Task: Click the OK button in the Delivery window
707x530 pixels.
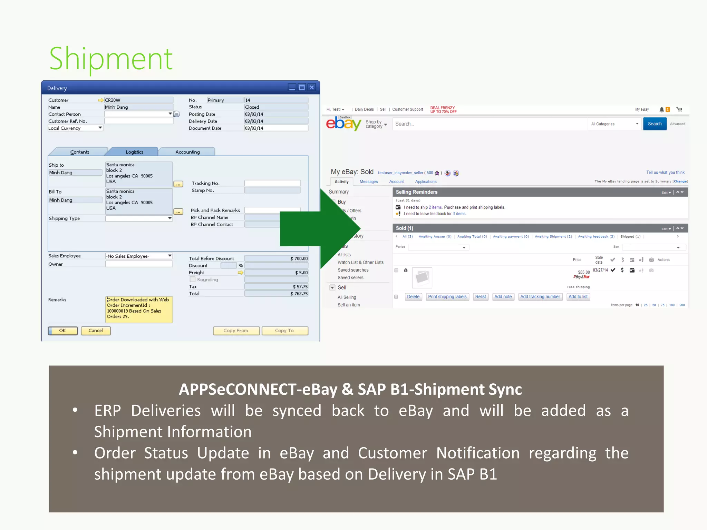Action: click(x=62, y=331)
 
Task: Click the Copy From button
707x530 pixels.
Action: click(x=236, y=331)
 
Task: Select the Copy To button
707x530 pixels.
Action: click(x=284, y=331)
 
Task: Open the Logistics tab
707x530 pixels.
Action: click(x=134, y=152)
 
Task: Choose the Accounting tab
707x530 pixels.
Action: click(x=187, y=152)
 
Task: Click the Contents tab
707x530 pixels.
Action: click(x=79, y=152)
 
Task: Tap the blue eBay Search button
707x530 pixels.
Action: click(x=655, y=124)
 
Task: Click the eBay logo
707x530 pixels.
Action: click(x=343, y=123)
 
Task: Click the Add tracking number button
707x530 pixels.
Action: click(x=540, y=297)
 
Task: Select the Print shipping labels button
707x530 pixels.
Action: click(x=447, y=297)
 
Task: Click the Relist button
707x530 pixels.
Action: click(x=480, y=297)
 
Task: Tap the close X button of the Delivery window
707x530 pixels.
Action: click(x=312, y=87)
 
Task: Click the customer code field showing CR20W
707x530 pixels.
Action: click(x=138, y=100)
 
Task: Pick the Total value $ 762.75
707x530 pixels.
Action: click(x=276, y=294)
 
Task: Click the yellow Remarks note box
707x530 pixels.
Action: click(x=139, y=309)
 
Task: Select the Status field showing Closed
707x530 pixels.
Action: click(x=276, y=107)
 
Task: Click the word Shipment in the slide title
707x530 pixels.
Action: click(x=111, y=59)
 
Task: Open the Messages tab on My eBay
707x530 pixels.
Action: click(x=368, y=181)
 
